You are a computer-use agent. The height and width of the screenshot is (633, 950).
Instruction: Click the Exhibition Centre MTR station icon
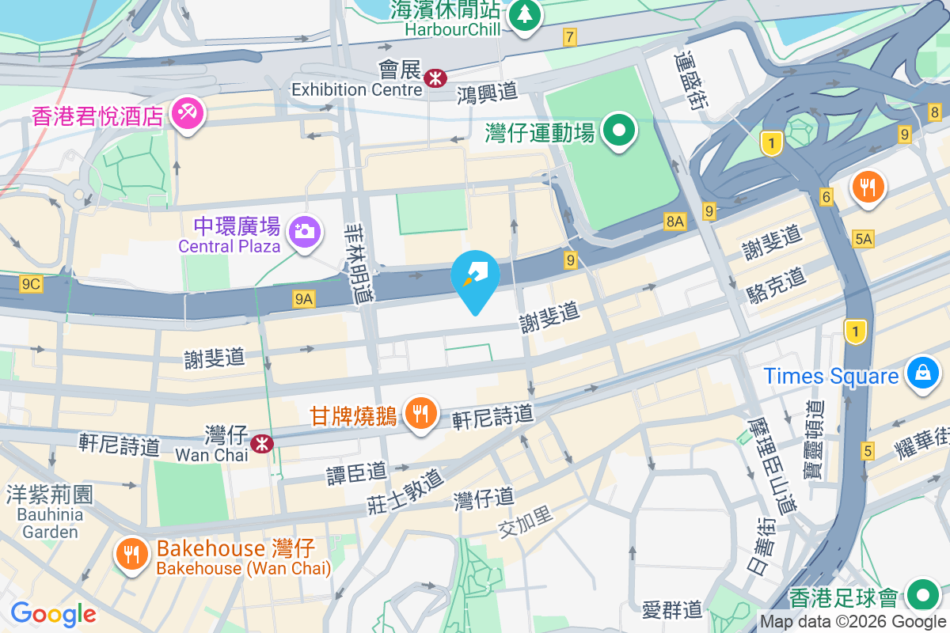tap(435, 78)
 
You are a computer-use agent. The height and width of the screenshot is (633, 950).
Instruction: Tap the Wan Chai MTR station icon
tap(262, 444)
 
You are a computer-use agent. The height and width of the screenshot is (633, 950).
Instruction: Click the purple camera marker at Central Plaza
tap(304, 231)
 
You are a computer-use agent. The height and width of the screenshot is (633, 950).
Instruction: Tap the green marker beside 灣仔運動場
tap(620, 130)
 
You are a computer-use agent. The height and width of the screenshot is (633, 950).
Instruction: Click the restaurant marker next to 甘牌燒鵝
tap(422, 412)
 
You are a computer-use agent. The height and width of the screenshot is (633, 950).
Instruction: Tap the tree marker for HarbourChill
tap(523, 14)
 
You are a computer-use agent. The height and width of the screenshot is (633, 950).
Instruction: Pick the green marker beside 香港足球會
tap(922, 593)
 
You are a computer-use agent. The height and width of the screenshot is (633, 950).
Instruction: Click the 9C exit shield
tap(31, 284)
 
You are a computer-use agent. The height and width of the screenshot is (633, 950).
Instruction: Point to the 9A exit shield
tap(304, 298)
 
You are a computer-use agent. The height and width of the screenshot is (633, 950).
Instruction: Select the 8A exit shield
tap(674, 222)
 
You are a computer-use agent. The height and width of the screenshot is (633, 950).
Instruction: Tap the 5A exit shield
tap(863, 238)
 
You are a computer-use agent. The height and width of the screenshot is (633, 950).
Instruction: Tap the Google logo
tap(53, 613)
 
